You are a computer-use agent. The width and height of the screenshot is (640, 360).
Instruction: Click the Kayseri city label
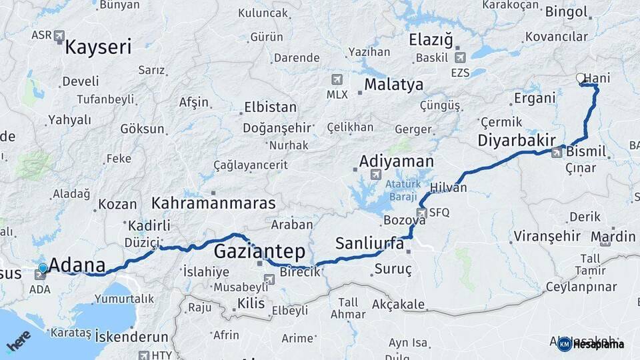tap(98, 47)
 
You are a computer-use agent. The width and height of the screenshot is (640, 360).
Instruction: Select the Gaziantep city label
tap(259, 251)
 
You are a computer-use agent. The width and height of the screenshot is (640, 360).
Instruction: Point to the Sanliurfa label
tap(369, 243)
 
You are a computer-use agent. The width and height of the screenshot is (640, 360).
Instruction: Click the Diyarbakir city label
tap(517, 141)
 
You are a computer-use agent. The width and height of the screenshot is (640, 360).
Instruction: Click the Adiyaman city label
tap(396, 161)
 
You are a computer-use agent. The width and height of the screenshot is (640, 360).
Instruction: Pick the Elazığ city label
tap(431, 40)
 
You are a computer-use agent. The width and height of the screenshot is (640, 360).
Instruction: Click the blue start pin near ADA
tap(43, 269)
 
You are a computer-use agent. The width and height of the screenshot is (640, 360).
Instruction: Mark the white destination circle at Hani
tap(580, 78)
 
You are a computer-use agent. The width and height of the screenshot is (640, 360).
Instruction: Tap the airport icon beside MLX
tap(337, 79)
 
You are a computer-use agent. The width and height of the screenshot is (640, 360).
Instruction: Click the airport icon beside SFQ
tap(421, 213)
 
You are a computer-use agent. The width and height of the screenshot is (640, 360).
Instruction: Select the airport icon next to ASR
tap(59, 35)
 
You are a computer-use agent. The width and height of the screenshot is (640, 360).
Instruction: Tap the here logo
tap(19, 341)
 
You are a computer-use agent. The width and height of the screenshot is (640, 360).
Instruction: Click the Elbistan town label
tap(270, 107)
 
